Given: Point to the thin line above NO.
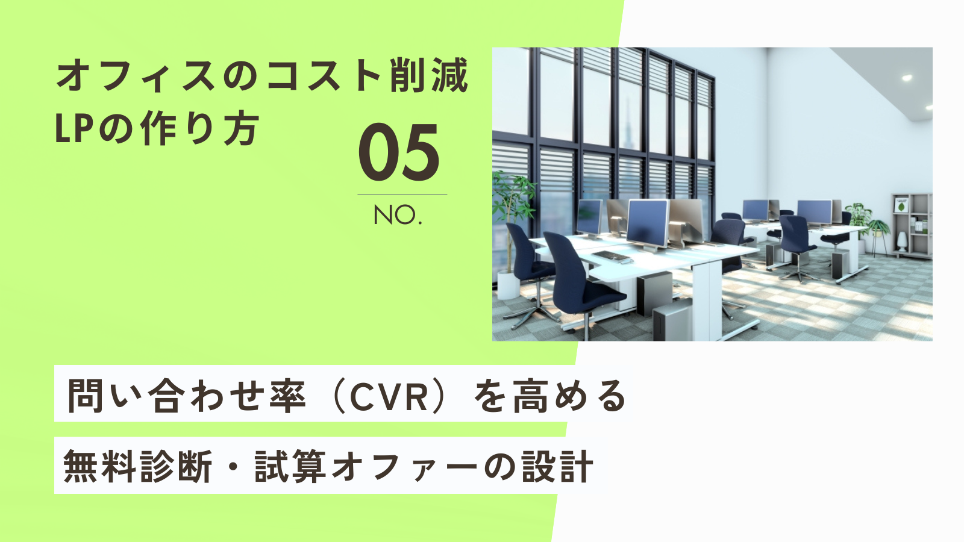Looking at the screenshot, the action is coord(402,195).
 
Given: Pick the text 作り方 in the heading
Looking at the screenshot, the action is coord(199,128).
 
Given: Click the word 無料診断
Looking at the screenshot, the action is coord(138,467).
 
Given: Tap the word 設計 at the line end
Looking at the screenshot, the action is coord(558,467).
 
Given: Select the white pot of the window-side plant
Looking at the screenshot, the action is coord(509,285).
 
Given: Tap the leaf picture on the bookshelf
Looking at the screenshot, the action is coord(901,205).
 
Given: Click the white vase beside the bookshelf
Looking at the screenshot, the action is coord(902,241).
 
